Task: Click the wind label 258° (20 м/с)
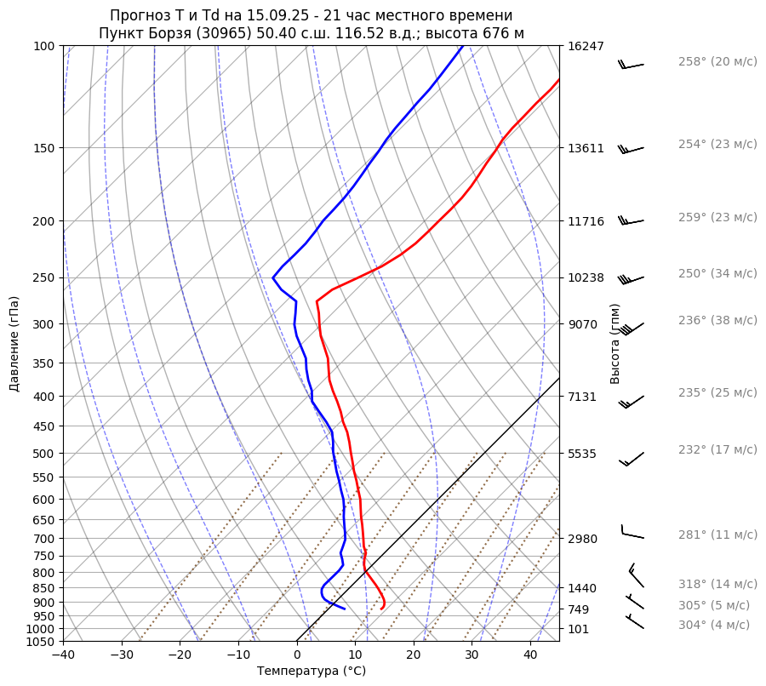coord(717,62)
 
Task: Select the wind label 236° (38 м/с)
coord(717,320)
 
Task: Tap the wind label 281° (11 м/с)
coord(717,535)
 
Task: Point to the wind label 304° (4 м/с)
coord(714,625)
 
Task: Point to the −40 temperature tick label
coord(63,655)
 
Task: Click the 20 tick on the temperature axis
coord(414,655)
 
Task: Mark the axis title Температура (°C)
coord(312,672)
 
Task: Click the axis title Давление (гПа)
coord(14,344)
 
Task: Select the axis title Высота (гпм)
coord(615,344)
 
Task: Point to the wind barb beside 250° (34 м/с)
coord(632,278)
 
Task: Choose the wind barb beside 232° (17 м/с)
coord(632,460)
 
